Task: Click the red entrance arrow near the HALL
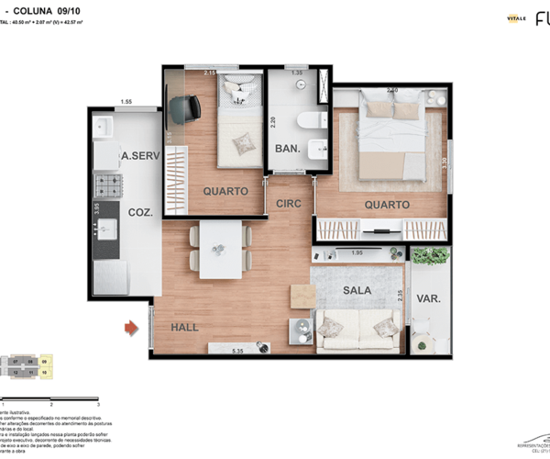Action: pos(132,326)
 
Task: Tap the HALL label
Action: pos(184,327)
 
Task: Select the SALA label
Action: pos(357,290)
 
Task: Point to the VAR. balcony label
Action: pos(429,298)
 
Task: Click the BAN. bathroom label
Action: pos(287,149)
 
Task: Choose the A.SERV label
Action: pos(140,157)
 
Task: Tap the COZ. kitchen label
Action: pos(140,212)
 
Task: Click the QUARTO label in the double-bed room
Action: pos(386,205)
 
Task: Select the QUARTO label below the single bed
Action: pos(225,191)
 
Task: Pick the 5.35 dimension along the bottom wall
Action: pos(237,351)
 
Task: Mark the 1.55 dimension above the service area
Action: pos(126,101)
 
